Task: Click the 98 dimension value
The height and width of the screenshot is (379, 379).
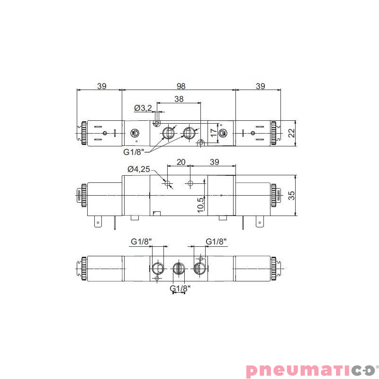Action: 180,86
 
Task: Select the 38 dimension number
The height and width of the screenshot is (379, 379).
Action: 179,99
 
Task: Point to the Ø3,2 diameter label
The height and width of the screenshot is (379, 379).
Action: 143,108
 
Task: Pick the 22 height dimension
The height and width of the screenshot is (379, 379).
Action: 291,132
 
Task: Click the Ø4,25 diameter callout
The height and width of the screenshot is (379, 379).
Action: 138,169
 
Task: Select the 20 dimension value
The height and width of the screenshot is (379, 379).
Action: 180,162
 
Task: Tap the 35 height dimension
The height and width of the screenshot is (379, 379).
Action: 291,195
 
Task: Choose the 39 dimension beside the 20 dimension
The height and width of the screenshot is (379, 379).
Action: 214,162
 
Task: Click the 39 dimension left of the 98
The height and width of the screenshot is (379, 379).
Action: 101,86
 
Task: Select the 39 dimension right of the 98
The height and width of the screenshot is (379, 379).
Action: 260,86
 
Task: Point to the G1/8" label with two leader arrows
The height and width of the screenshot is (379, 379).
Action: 134,152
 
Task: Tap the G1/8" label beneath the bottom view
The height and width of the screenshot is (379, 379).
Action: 180,288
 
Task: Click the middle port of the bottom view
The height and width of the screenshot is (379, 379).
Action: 178,269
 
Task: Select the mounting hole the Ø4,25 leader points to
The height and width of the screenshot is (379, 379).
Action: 167,183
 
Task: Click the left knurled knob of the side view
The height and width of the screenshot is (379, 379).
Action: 83,196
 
